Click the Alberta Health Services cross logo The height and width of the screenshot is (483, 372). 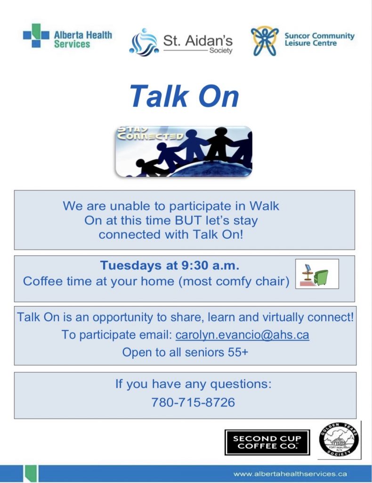click(36, 35)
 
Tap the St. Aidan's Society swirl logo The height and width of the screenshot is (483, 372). click(144, 42)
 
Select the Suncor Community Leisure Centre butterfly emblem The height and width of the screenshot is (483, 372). click(264, 41)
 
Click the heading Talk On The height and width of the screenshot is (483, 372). click(184, 96)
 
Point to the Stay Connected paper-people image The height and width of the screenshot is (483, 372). click(184, 151)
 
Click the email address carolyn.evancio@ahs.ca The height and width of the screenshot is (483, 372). click(242, 335)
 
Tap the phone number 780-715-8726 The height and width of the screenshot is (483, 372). click(193, 402)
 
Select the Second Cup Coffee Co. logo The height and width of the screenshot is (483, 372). click(267, 442)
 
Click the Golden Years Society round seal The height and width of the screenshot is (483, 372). click(339, 440)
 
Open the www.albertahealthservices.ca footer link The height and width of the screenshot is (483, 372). click(290, 474)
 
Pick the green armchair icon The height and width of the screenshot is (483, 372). click(321, 277)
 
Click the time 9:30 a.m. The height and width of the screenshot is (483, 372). click(210, 265)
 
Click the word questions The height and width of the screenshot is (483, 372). click(241, 384)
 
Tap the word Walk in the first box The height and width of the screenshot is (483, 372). click(264, 206)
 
